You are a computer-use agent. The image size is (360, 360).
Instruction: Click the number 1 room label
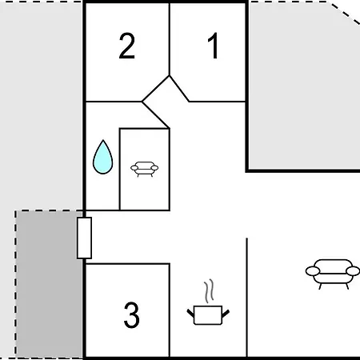coord(214,46)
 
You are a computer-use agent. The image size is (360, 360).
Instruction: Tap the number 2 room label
coord(127,46)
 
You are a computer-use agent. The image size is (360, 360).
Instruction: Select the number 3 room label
coord(132,315)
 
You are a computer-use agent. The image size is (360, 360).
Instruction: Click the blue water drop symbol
coord(102,157)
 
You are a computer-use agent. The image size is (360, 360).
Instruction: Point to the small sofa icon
coord(144,169)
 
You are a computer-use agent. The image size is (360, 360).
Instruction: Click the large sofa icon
coord(333,274)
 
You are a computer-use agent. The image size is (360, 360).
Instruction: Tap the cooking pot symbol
coord(208,315)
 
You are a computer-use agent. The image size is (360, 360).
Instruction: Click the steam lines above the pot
coord(210,291)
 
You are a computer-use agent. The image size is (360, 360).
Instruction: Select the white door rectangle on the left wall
coord(84,238)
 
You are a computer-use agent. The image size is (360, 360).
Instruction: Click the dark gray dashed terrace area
coord(49,284)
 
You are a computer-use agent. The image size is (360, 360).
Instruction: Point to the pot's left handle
coord(190,313)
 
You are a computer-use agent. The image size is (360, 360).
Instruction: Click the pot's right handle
coord(226,314)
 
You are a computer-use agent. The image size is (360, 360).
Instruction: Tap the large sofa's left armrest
coord(313,271)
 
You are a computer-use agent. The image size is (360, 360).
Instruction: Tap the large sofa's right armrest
coord(353,271)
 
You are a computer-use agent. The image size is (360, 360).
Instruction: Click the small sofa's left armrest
coord(134,168)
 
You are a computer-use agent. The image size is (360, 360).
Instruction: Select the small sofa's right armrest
coord(154,168)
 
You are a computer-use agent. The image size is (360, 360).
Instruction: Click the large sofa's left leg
coord(320,286)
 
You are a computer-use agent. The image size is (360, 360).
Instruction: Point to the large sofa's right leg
coord(347,286)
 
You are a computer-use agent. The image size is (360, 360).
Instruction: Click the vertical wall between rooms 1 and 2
coord(170,39)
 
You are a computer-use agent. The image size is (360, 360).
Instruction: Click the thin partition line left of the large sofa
coord(247,298)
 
